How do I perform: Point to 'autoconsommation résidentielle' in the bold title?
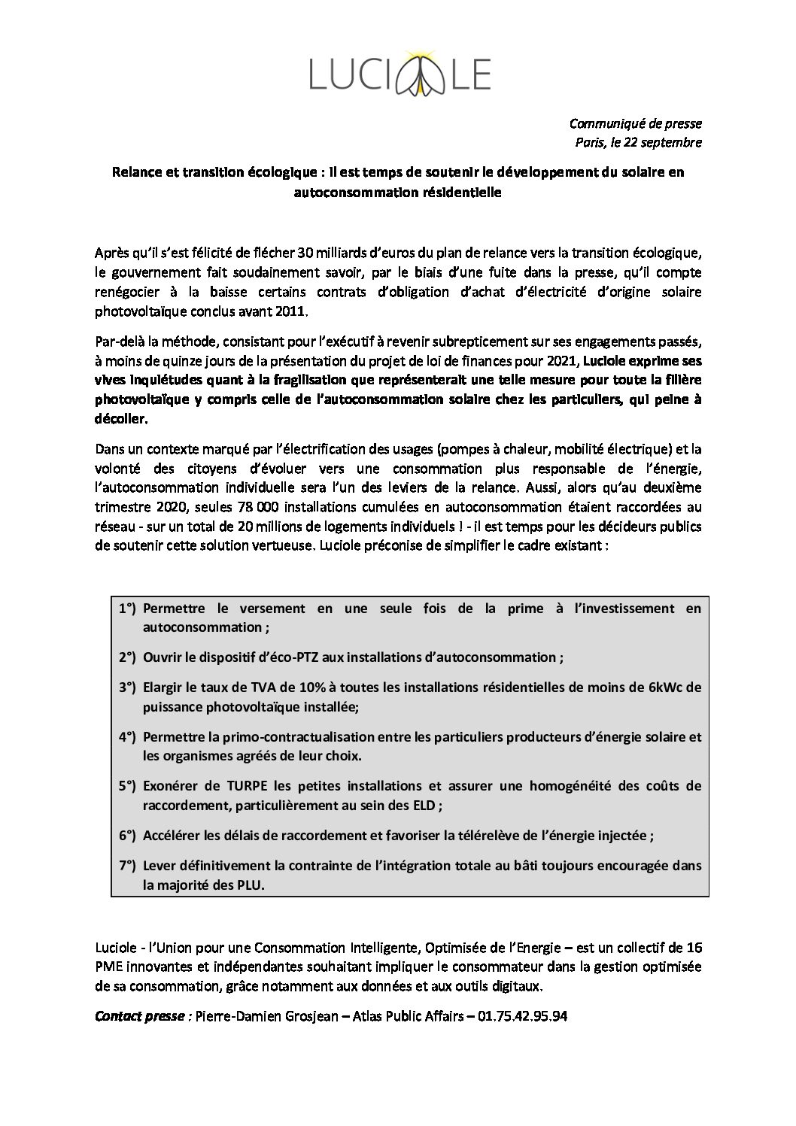397,192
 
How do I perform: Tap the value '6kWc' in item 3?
667,687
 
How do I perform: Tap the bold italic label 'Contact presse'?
141,1016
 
